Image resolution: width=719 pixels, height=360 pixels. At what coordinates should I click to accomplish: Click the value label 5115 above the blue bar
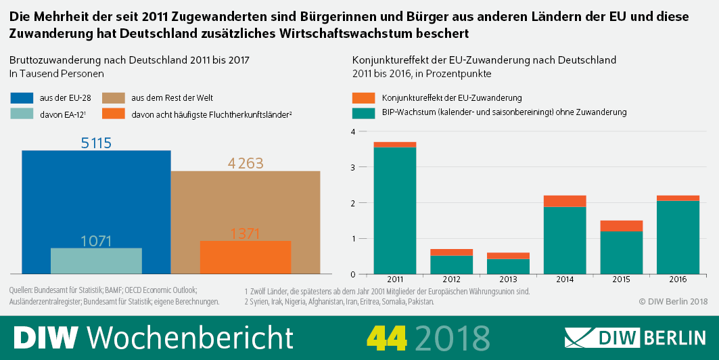(96, 143)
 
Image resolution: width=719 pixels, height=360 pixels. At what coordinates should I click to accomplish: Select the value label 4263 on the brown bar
(245, 163)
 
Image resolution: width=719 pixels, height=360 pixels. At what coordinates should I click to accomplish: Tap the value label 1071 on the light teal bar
(96, 241)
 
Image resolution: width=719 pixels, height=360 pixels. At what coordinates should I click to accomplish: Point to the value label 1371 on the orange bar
(245, 233)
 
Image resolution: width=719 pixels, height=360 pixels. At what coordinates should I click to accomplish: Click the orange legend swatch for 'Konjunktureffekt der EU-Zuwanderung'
(363, 98)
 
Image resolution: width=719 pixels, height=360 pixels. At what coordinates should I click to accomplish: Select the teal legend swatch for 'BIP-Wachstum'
(363, 112)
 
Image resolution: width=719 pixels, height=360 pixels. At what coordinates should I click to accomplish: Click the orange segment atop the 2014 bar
(565, 201)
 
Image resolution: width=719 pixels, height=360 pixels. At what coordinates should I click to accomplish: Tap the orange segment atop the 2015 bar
(622, 226)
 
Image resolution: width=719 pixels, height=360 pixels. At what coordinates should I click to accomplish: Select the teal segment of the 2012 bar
(452, 265)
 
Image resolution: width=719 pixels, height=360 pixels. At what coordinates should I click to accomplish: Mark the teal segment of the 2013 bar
(508, 267)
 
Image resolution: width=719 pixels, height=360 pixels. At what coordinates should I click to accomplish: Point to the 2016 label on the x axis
(678, 279)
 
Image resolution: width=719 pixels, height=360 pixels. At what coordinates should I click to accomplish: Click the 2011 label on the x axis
(395, 279)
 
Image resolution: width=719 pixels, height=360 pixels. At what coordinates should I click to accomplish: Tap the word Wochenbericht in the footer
(191, 337)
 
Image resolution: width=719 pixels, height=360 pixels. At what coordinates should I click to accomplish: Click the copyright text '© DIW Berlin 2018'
(672, 301)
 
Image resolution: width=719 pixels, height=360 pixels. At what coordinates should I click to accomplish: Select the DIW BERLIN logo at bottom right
(636, 337)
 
